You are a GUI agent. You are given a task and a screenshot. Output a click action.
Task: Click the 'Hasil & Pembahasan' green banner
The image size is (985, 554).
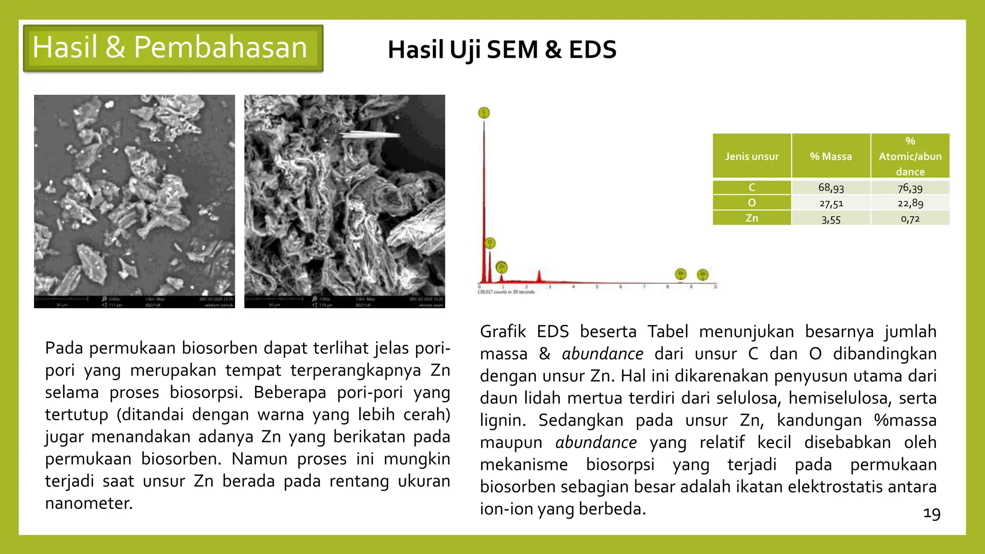tap(173, 48)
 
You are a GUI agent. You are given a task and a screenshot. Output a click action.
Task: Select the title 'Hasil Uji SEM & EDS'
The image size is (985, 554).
tap(502, 50)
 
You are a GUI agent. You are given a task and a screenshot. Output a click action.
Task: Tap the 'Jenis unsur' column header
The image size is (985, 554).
tap(752, 156)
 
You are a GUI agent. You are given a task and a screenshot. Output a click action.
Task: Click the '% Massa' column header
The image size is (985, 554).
tap(831, 156)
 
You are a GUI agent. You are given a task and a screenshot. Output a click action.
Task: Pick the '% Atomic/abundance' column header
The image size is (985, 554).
tap(910, 156)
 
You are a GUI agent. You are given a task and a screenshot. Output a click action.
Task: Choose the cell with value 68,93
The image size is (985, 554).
tap(831, 188)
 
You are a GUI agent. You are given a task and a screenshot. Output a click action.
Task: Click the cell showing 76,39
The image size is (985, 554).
tap(910, 188)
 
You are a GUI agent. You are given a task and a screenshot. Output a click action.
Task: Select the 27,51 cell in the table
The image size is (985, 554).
tap(831, 203)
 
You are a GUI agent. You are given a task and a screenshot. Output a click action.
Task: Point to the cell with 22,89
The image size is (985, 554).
tap(910, 203)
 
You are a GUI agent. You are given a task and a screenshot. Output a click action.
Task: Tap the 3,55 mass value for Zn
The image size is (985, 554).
tap(831, 219)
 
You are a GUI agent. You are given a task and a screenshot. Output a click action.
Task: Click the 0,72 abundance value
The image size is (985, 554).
tap(910, 219)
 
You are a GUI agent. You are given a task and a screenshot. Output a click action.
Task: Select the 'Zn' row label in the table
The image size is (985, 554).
tap(752, 218)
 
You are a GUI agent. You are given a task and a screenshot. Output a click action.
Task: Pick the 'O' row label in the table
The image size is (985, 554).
tap(752, 203)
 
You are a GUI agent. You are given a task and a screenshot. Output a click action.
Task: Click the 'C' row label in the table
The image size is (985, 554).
tap(752, 187)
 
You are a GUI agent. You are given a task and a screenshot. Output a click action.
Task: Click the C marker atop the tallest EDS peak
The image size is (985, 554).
tap(484, 113)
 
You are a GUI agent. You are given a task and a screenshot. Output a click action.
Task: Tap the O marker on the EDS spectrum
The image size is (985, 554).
tap(490, 243)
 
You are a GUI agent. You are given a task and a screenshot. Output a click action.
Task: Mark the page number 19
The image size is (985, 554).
tap(932, 514)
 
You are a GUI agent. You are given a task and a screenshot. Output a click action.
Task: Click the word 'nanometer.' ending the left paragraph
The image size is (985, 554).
tap(89, 503)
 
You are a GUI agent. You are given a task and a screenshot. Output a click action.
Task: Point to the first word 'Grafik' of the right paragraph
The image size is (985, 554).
tap(503, 332)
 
